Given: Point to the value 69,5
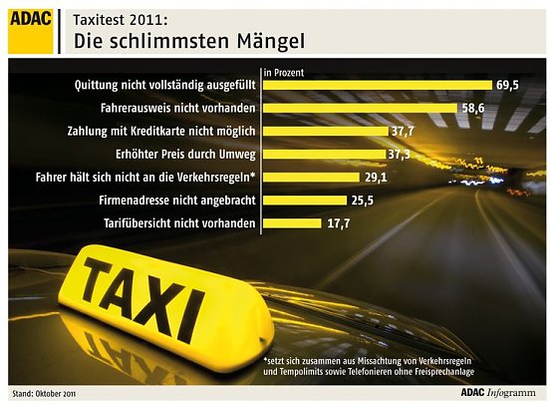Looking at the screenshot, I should [x=509, y=85].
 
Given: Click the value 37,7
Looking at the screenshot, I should [x=403, y=131].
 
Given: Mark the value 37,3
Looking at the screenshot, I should [x=401, y=154].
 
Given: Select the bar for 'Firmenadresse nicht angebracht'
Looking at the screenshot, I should [x=300, y=200].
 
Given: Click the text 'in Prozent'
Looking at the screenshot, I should [x=285, y=71].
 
